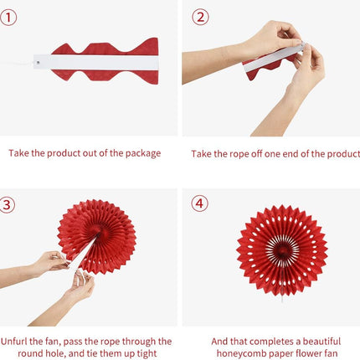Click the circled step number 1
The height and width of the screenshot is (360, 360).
[x=8, y=18]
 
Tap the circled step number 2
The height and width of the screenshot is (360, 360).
[x=200, y=17]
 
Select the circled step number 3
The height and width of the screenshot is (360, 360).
[x=7, y=205]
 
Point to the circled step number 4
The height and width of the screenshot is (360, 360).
[x=199, y=203]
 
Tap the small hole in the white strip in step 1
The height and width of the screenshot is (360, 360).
[x=39, y=62]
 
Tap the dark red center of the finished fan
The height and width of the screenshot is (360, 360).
[x=281, y=250]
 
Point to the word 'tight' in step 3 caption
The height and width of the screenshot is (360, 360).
[x=147, y=353]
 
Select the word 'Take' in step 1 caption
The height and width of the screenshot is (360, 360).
[x=18, y=153]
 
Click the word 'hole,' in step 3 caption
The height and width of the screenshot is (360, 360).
[x=55, y=353]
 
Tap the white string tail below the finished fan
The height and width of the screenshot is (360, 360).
[x=282, y=299]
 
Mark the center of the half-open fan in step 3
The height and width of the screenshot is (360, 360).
[x=99, y=236]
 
